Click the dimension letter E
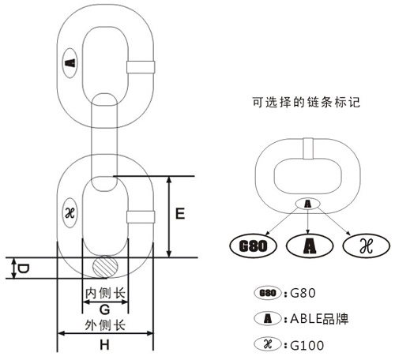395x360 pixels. click(x=180, y=213)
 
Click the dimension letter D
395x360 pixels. click(x=23, y=268)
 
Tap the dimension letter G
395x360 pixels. click(x=105, y=309)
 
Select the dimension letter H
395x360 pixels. click(x=104, y=344)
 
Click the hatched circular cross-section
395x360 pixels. click(x=105, y=266)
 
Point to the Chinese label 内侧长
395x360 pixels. click(x=105, y=293)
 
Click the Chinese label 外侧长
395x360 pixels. click(x=105, y=325)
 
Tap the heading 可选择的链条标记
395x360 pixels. click(x=306, y=102)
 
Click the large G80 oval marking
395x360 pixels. click(x=253, y=246)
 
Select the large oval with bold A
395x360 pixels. click(x=310, y=246)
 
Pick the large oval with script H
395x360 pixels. click(x=366, y=246)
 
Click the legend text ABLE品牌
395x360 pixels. click(x=319, y=319)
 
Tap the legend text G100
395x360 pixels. click(x=307, y=345)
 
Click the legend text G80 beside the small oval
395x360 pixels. click(x=303, y=293)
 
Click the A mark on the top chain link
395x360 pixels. click(x=70, y=63)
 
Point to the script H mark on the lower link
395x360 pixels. click(x=70, y=213)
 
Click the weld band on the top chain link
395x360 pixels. click(x=141, y=67)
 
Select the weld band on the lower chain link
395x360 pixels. click(x=141, y=217)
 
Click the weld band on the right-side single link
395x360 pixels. click(x=308, y=148)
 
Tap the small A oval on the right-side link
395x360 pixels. click(x=307, y=204)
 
